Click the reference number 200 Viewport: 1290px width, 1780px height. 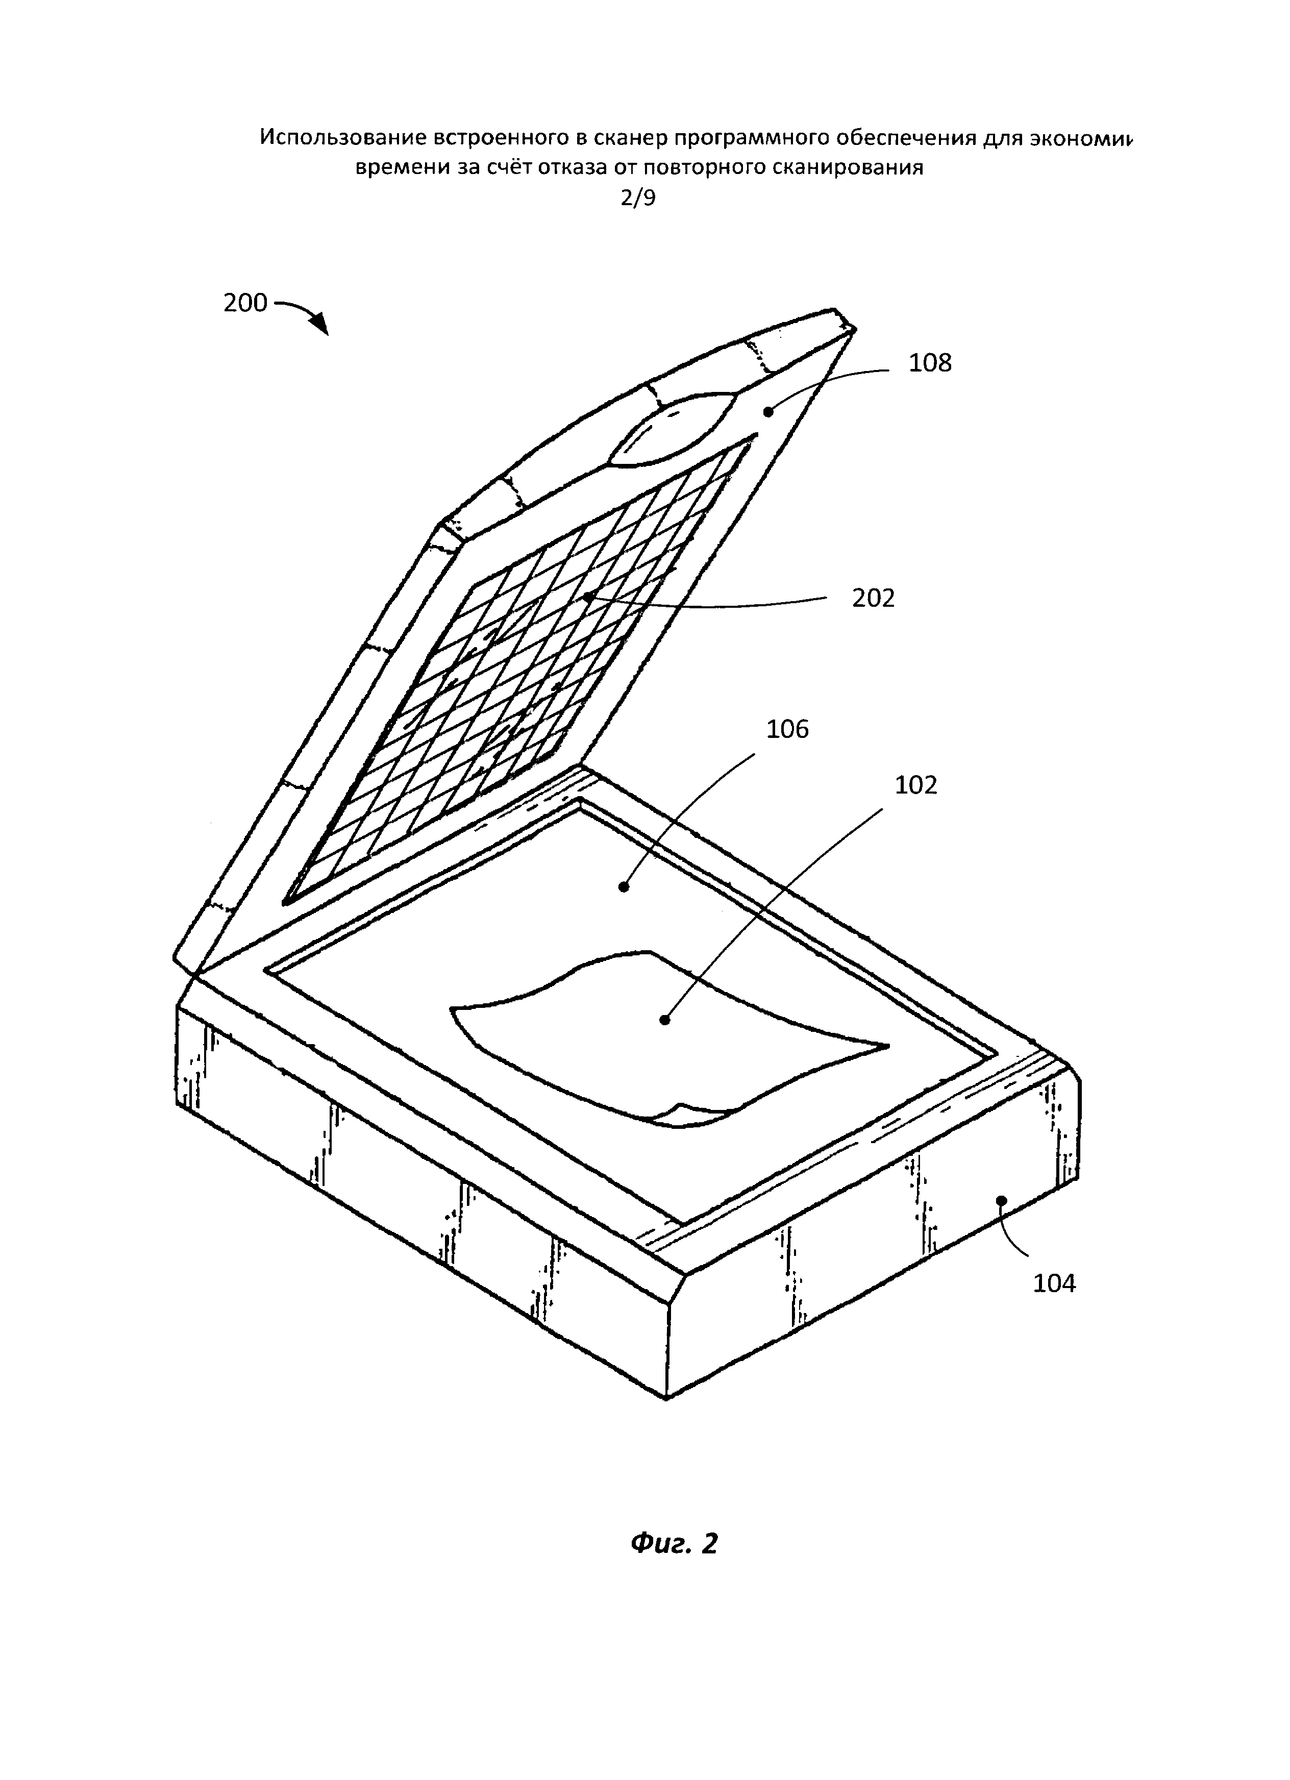click(245, 303)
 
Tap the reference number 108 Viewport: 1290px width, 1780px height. click(929, 363)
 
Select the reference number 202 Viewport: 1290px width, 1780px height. click(873, 599)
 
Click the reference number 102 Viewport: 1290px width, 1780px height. click(916, 785)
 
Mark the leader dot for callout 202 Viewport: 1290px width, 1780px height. click(587, 597)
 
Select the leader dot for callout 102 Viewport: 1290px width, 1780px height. click(664, 1020)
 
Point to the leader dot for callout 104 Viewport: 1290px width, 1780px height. click(1001, 1200)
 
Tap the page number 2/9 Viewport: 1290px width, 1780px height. click(638, 198)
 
